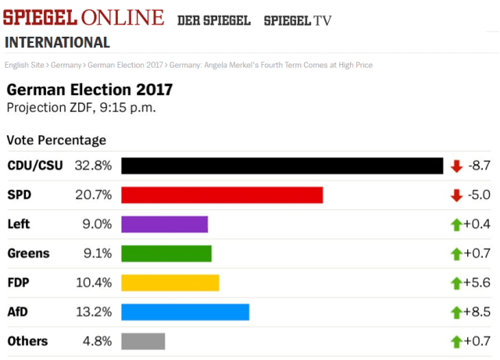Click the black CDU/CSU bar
(282, 166)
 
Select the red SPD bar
(222, 195)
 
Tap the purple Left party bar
(164, 224)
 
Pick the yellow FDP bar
(170, 283)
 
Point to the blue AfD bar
(185, 312)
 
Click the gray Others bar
(143, 341)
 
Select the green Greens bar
(166, 253)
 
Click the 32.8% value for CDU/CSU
(93, 166)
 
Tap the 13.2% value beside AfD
(93, 312)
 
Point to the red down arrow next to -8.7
(457, 166)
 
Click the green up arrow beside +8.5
(457, 312)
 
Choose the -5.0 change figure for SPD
(479, 195)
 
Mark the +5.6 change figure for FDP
(477, 283)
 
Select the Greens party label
(28, 253)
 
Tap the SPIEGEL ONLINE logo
(84, 18)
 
